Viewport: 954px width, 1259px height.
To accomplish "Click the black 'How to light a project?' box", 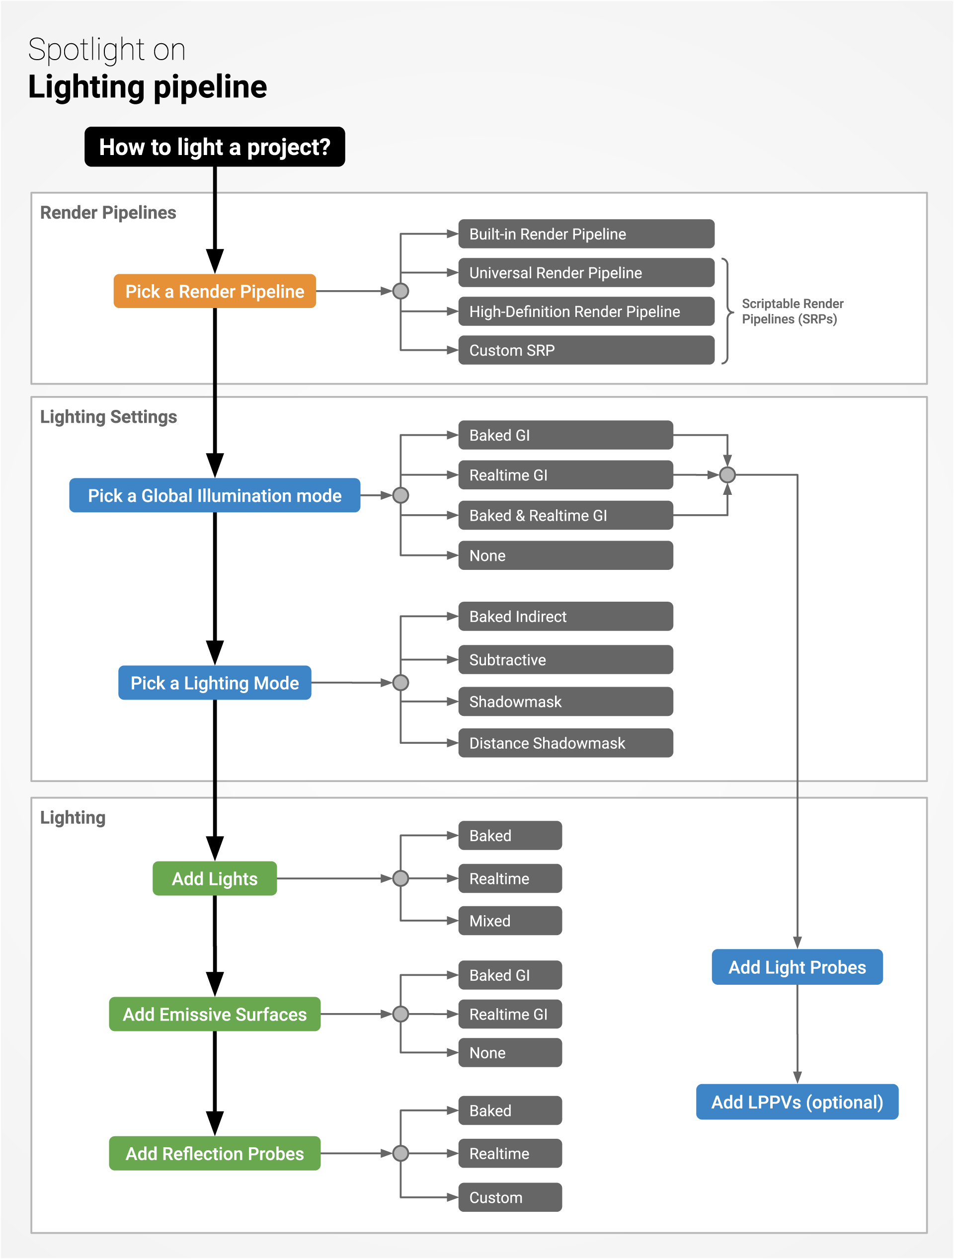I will tap(215, 147).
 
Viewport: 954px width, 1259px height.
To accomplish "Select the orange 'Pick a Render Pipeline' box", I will tap(215, 292).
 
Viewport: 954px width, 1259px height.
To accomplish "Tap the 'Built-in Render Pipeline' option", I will tap(586, 234).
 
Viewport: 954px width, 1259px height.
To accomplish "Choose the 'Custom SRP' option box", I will tap(586, 350).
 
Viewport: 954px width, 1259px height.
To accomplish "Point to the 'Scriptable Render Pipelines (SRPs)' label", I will tap(792, 312).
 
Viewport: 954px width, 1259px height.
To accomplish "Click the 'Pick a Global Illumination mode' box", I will tap(215, 495).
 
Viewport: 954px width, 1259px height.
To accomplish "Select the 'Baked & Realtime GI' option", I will tap(565, 515).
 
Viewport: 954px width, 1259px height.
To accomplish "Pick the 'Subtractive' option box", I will tap(565, 660).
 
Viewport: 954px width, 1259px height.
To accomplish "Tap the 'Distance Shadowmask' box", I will tap(565, 743).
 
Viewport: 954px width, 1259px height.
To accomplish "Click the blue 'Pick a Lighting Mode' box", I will tap(215, 683).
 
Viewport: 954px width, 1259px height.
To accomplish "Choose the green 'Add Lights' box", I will tap(215, 878).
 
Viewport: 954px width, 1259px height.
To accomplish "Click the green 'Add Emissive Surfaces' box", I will tap(215, 1014).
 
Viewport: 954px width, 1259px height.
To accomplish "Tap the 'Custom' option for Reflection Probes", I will tap(509, 1197).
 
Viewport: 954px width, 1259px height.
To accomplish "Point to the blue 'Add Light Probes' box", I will tap(797, 967).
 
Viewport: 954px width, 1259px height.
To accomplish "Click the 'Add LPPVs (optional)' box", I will tap(797, 1102).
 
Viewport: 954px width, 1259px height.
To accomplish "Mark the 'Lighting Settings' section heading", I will tap(108, 417).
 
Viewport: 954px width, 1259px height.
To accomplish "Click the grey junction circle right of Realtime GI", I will tap(727, 474).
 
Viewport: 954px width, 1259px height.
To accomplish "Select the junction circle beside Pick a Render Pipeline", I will tap(400, 291).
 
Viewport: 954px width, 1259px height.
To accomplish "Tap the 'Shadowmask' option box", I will tap(565, 701).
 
